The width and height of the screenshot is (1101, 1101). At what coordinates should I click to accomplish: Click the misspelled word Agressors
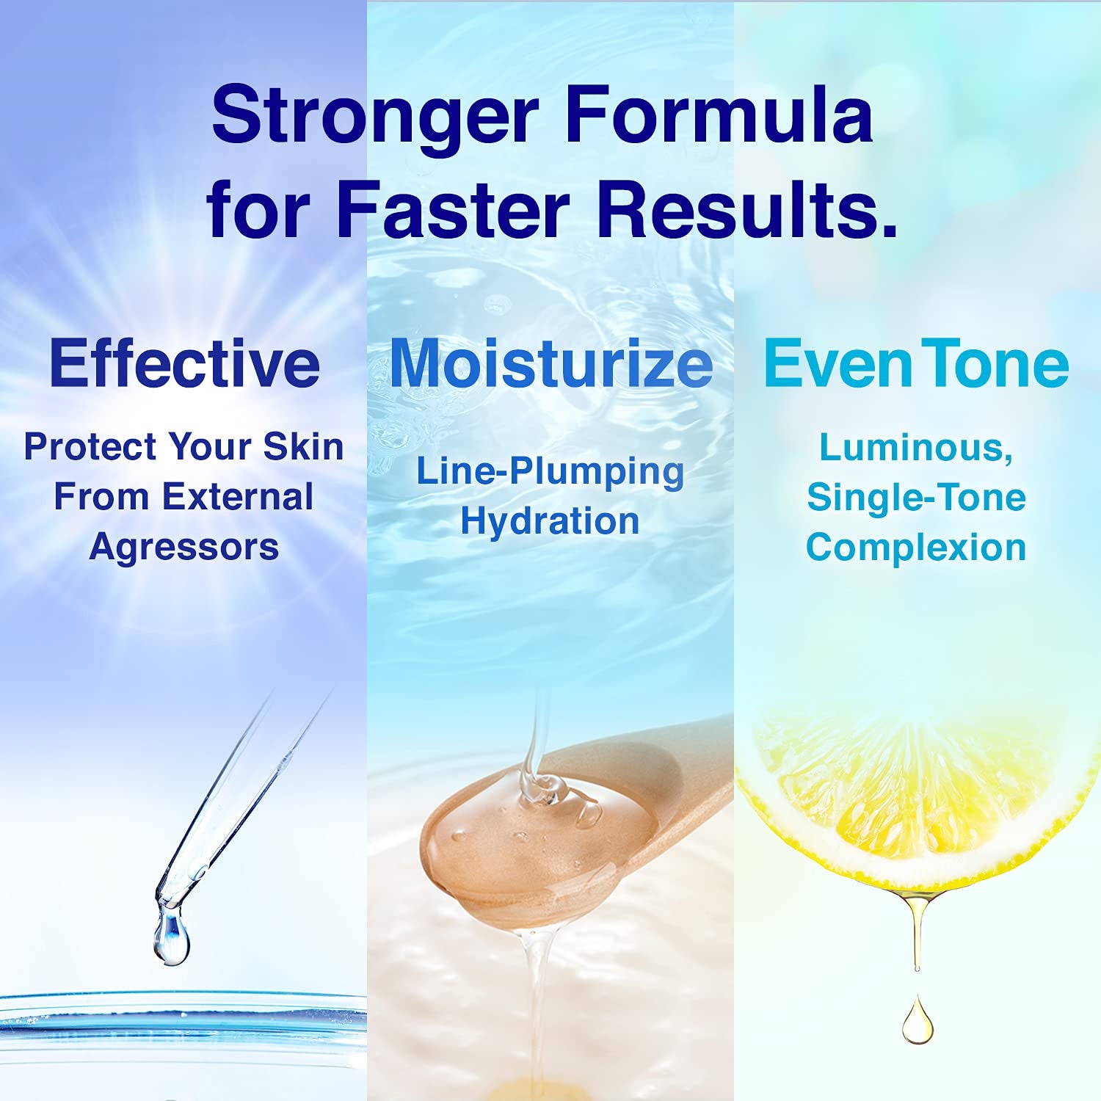(184, 548)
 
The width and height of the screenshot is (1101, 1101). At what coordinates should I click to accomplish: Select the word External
(238, 497)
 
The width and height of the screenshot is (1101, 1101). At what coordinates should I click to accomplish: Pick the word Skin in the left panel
(303, 446)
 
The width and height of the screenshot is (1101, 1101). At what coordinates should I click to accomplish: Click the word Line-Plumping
(550, 471)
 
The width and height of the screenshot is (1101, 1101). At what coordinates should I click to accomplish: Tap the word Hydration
(550, 522)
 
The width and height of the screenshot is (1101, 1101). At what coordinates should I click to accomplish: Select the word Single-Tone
(916, 497)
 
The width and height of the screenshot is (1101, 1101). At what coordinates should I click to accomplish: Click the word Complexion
(916, 548)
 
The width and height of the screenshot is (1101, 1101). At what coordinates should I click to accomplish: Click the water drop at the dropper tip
(171, 938)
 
